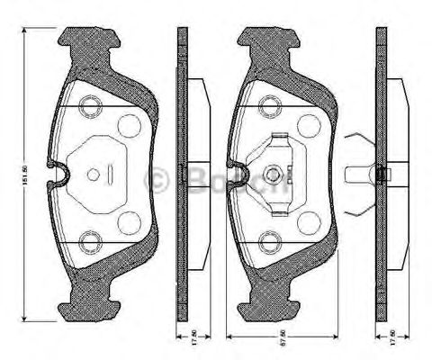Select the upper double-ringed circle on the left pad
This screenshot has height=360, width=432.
click(89, 106)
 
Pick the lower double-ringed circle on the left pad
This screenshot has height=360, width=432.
click(89, 240)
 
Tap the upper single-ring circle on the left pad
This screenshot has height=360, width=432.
click(129, 126)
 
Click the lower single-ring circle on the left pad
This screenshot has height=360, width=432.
click(129, 221)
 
